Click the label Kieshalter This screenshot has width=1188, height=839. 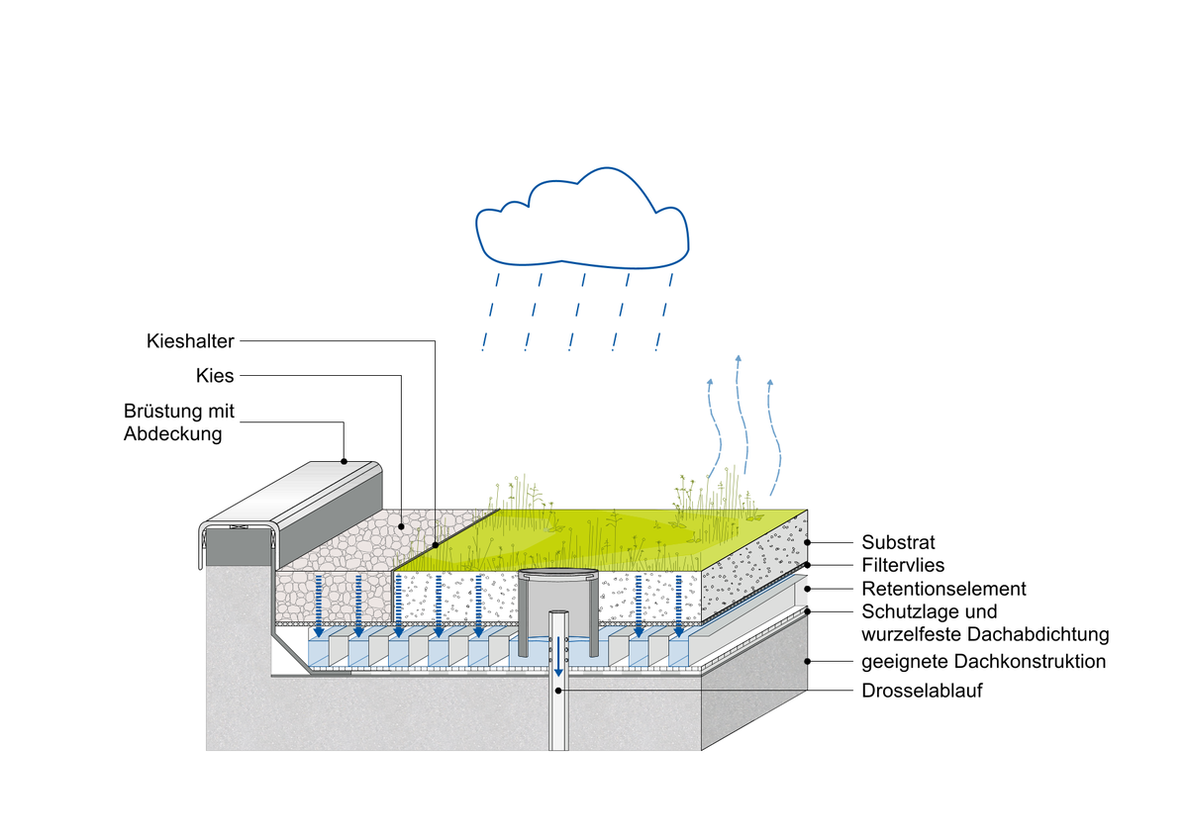(189, 341)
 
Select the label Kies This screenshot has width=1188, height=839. (216, 376)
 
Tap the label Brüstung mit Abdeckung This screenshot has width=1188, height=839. (179, 422)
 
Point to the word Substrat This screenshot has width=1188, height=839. (898, 543)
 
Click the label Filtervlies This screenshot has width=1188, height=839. (904, 566)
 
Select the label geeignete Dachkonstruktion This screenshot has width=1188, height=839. (983, 661)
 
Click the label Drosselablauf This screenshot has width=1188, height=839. (922, 691)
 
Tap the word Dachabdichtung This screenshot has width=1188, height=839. (1048, 634)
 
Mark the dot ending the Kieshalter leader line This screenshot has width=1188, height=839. (436, 544)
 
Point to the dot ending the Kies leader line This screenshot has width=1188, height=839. (401, 527)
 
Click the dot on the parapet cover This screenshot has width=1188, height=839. (344, 460)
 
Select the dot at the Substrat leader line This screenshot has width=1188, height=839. (810, 543)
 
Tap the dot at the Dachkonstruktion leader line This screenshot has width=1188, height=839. (810, 661)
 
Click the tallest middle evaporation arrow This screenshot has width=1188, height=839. (740, 416)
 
